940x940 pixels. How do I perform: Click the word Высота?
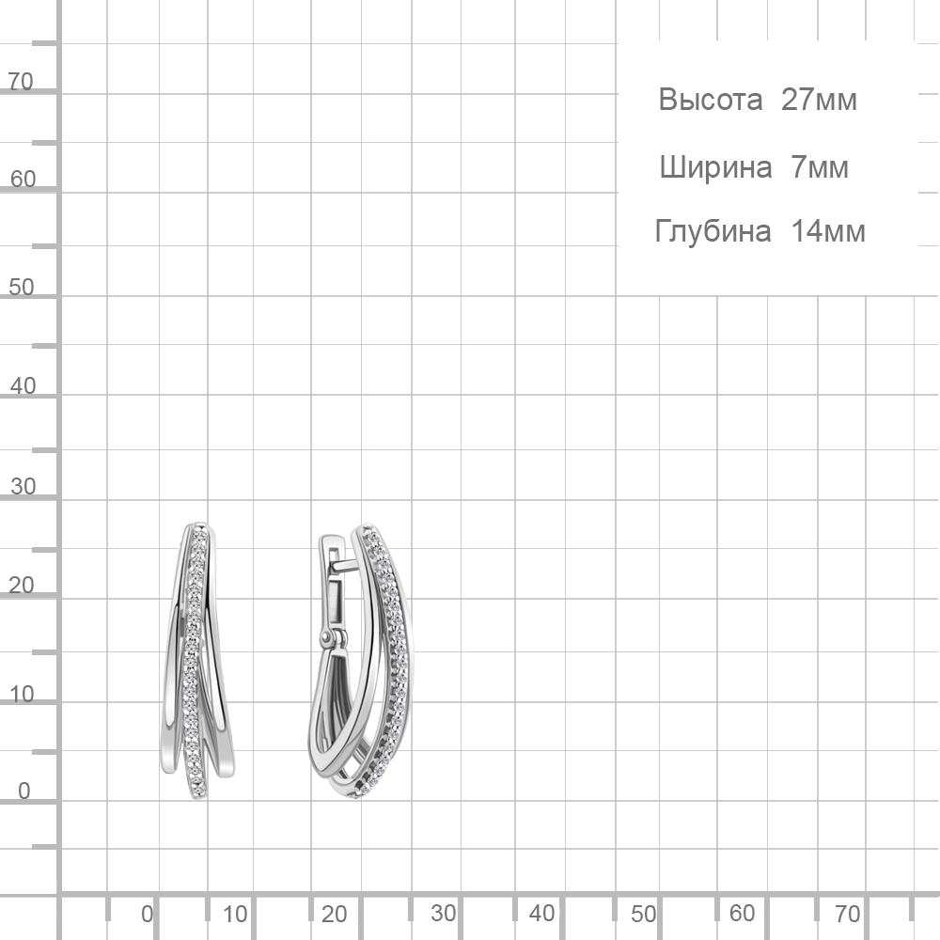[711, 100]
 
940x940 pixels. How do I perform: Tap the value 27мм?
[819, 100]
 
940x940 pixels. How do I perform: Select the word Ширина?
[715, 167]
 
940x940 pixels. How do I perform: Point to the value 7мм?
[820, 166]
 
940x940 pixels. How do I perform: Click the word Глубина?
[713, 231]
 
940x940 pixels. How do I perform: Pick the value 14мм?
[828, 231]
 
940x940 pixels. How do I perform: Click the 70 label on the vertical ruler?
[21, 82]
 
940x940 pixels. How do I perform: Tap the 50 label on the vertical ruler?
[22, 288]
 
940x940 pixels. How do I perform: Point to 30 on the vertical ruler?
[23, 487]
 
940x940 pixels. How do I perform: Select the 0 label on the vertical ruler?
[24, 791]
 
